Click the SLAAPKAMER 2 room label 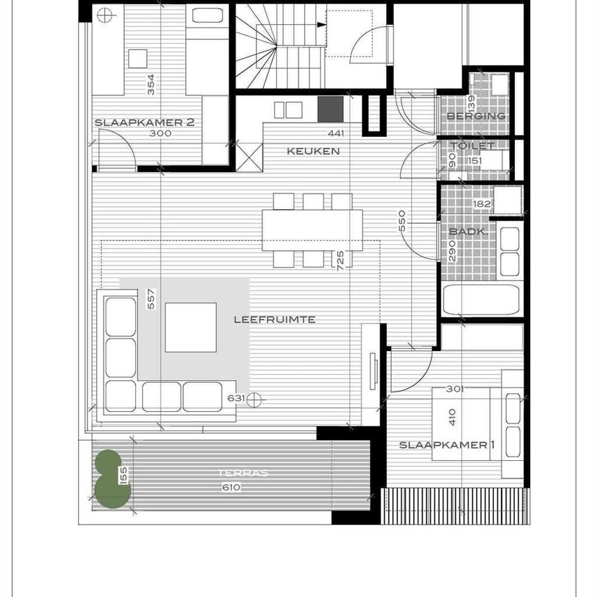(144, 122)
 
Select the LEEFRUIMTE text (275, 319)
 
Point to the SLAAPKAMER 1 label (447, 444)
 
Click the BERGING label (475, 115)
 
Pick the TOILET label (473, 146)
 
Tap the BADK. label (468, 232)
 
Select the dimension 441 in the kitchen (336, 134)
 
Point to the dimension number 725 (340, 260)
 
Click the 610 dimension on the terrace (231, 487)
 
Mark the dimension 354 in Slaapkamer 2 (151, 84)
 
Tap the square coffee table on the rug (191, 327)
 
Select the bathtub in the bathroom (482, 300)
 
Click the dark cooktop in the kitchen (330, 109)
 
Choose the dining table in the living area (312, 230)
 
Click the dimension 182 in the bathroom (482, 204)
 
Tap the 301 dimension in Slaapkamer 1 (454, 389)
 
